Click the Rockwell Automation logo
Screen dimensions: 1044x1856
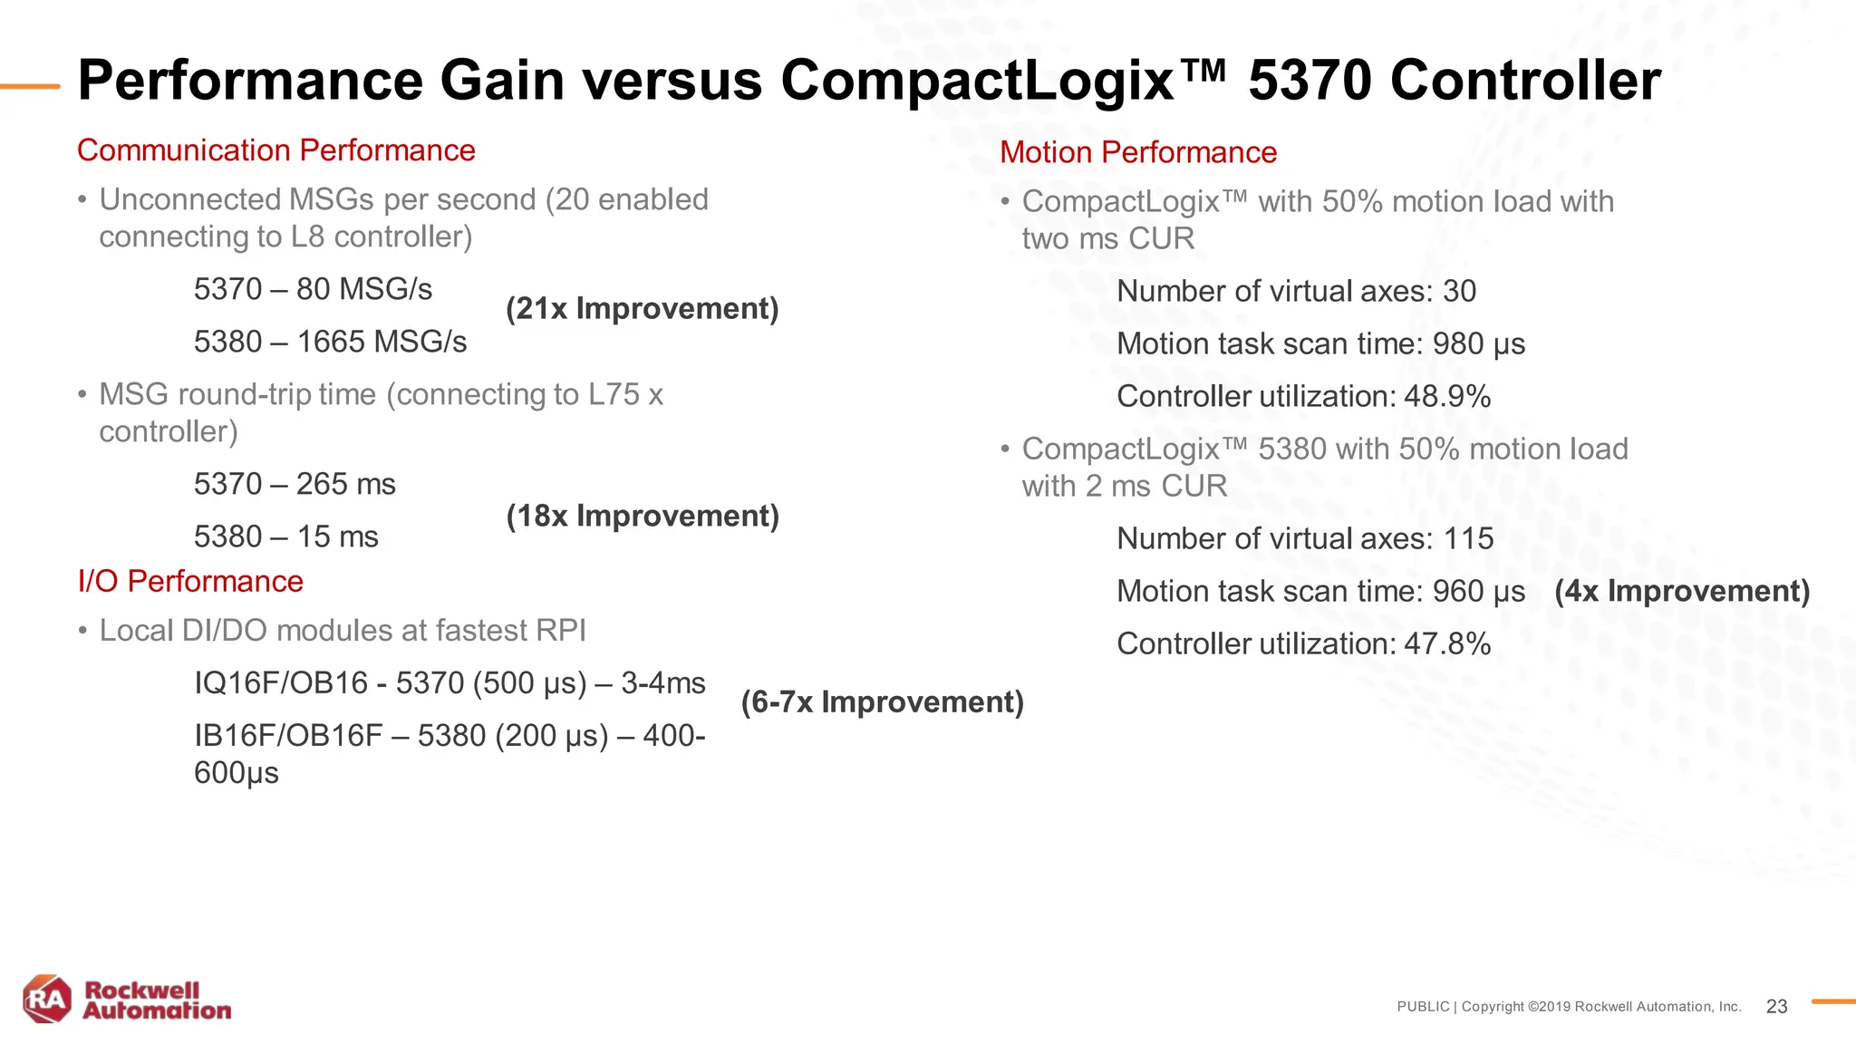pyautogui.click(x=127, y=1000)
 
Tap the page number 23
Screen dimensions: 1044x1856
pyautogui.click(x=1776, y=1007)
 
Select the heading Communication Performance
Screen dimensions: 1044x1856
pyautogui.click(x=275, y=150)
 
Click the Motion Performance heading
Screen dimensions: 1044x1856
pyautogui.click(x=1137, y=152)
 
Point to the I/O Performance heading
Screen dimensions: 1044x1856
pyautogui.click(x=190, y=581)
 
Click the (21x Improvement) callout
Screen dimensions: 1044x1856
pyautogui.click(x=642, y=309)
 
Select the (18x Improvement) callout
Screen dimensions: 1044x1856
pyautogui.click(x=642, y=517)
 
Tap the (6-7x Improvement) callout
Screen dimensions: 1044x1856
pyautogui.click(x=882, y=702)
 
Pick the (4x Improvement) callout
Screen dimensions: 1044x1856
pyautogui.click(x=1682, y=591)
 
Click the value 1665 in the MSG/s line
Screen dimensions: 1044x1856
pyautogui.click(x=331, y=342)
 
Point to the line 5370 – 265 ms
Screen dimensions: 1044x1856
pyautogui.click(x=295, y=484)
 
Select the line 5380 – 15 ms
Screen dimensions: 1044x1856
pyautogui.click(x=285, y=536)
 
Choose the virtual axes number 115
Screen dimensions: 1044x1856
pyautogui.click(x=1468, y=538)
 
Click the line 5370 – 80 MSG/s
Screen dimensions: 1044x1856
pyautogui.click(x=313, y=289)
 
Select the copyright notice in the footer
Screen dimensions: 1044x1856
pyautogui.click(x=1568, y=1007)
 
